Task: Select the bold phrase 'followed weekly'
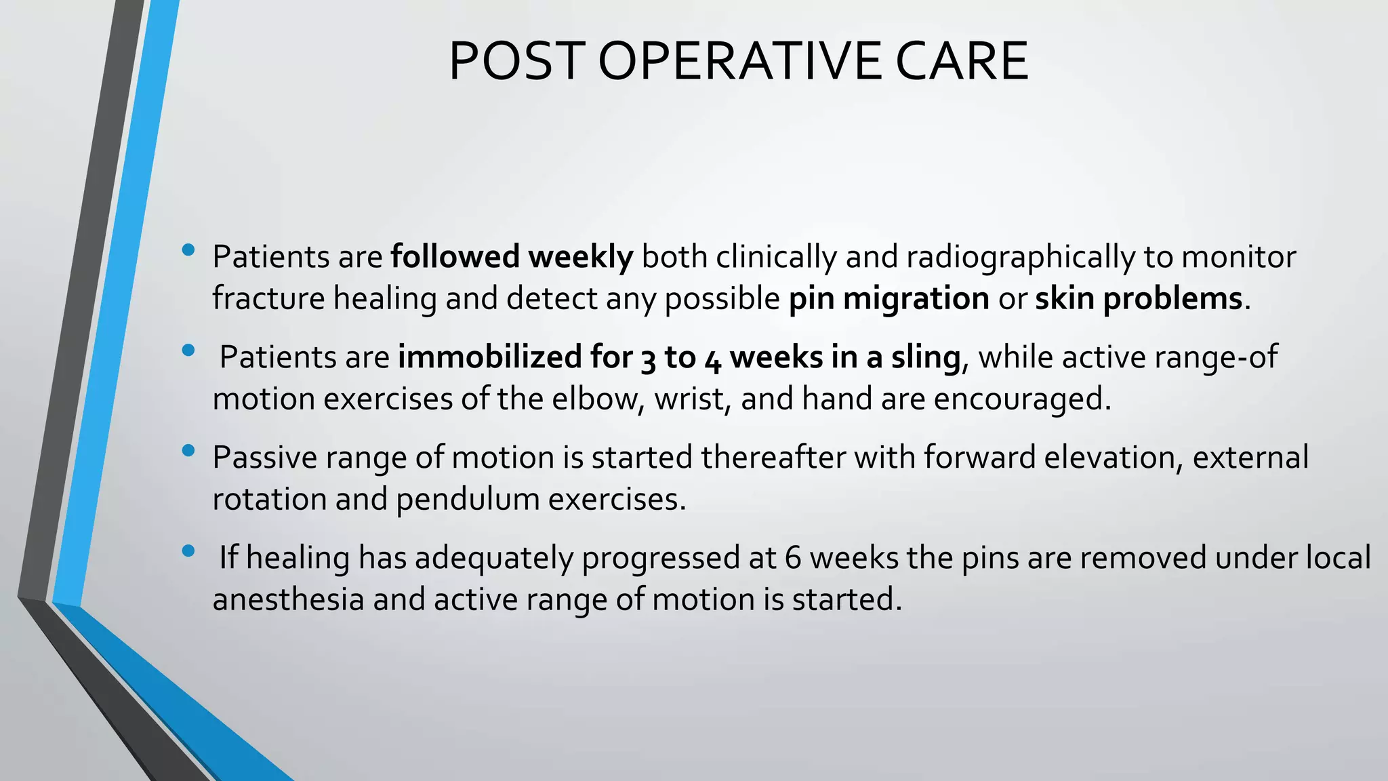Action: [512, 257]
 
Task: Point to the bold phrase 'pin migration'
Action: [889, 299]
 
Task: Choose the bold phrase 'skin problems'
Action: [1139, 299]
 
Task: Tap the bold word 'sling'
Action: [925, 357]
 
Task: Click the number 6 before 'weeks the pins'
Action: [793, 558]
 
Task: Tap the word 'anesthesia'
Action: [289, 599]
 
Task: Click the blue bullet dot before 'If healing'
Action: [188, 550]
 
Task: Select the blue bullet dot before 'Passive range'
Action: [188, 450]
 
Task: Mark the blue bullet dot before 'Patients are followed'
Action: [188, 250]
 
